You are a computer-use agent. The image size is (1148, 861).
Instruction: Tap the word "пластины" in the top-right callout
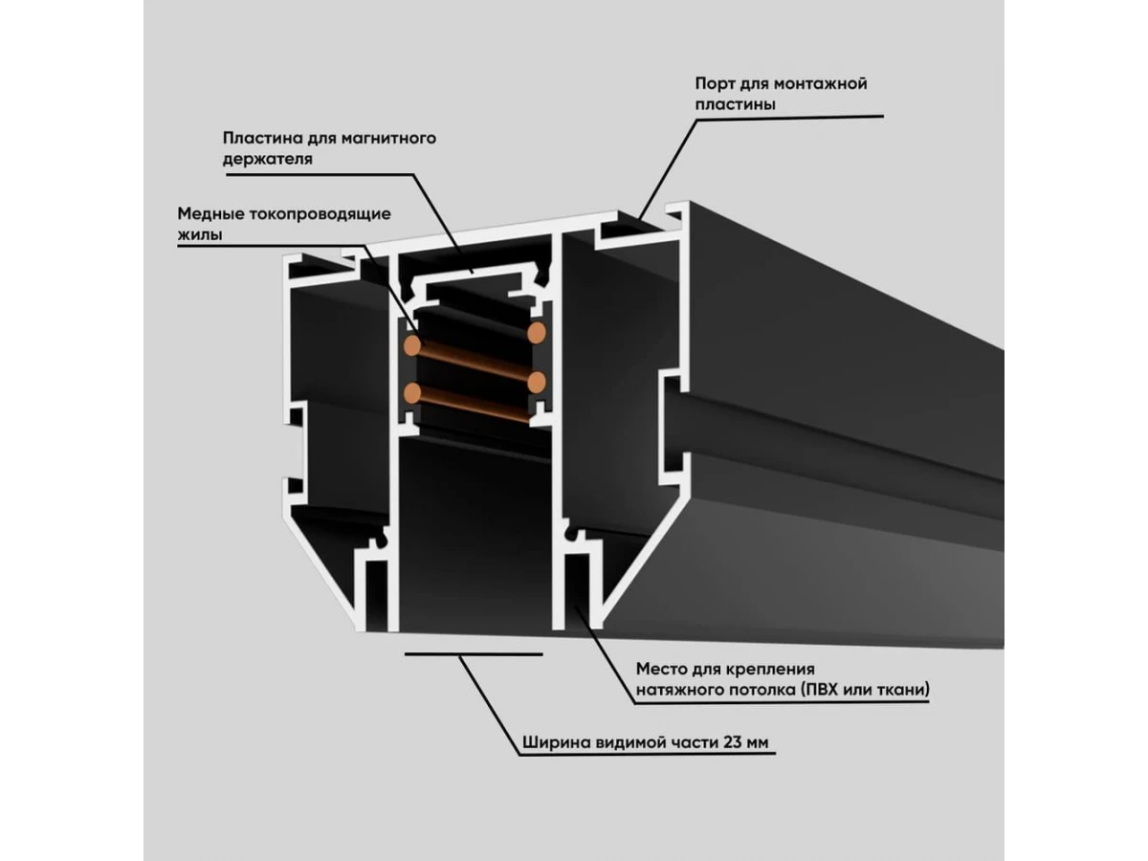(x=735, y=103)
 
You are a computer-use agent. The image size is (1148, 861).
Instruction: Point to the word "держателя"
(x=268, y=159)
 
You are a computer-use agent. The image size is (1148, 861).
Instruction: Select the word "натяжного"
(x=673, y=688)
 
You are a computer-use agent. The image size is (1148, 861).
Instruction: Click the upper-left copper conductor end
(x=413, y=343)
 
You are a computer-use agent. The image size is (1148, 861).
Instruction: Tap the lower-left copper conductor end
(x=413, y=390)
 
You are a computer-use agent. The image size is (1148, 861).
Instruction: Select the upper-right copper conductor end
(x=537, y=334)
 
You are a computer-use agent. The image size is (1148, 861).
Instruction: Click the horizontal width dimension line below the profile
(x=473, y=654)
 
